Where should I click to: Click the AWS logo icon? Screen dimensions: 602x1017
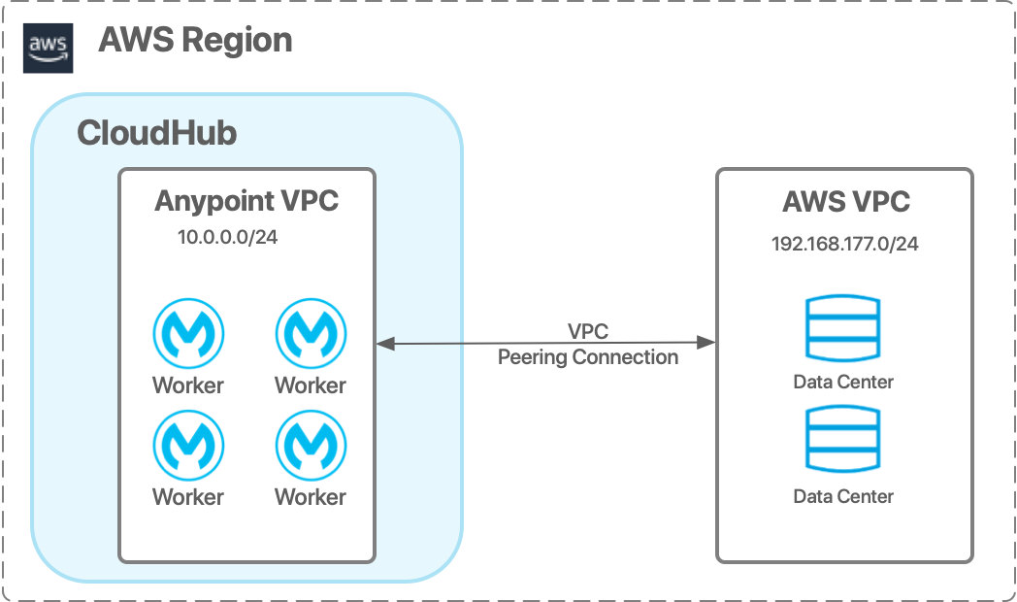48,48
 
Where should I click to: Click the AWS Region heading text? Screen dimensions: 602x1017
195,41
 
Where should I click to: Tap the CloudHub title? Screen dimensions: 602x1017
156,133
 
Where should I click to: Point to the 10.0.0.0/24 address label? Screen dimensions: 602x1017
227,237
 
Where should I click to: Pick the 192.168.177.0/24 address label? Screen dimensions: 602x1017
844,243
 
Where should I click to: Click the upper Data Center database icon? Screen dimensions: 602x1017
843,328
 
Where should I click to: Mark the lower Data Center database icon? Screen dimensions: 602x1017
843,442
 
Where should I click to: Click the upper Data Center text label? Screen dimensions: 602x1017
843,382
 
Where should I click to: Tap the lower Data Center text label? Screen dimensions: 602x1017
843,496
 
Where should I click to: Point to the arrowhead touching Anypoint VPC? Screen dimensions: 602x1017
384,343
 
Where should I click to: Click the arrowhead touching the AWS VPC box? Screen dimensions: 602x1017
708,343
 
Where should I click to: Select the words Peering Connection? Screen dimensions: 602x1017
588,357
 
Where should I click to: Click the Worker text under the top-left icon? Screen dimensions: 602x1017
188,385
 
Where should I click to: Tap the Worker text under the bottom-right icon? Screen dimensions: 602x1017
311,497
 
